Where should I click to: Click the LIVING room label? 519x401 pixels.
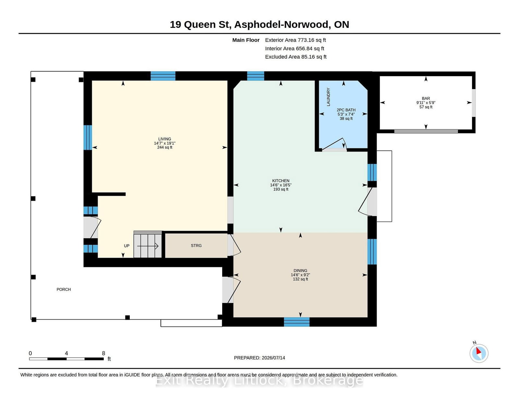(164, 139)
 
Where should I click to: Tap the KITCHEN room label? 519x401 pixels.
(281, 181)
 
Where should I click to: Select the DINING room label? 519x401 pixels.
(300, 270)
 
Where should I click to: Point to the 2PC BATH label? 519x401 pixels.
(346, 110)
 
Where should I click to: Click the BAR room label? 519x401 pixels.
(426, 98)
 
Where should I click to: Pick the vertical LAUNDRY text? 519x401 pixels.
(328, 97)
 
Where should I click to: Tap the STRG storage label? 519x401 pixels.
(196, 245)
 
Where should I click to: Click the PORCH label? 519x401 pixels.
(64, 289)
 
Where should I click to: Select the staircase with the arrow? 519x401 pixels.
(148, 244)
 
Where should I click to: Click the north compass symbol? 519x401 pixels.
(479, 353)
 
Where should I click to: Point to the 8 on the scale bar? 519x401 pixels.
(103, 353)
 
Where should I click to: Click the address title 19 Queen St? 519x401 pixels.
(200, 24)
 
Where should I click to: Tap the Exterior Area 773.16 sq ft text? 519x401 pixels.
(295, 40)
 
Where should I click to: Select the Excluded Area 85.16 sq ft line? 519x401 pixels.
(296, 57)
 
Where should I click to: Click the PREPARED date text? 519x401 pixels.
(259, 358)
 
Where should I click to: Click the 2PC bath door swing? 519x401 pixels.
(334, 145)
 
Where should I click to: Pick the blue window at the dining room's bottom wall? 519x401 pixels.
(296, 322)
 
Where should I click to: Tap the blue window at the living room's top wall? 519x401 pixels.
(163, 76)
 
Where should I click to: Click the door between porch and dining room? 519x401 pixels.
(231, 290)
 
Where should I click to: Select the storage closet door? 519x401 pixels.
(234, 245)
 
